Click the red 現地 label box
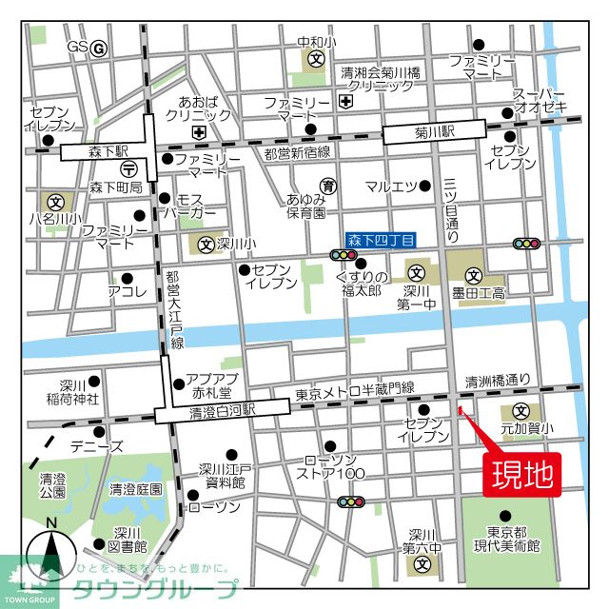point(522,474)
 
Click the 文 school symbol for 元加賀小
point(521,411)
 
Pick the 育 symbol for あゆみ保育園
point(328,185)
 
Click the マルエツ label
point(392,186)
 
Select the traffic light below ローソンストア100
point(351,501)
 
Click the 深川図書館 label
point(127,540)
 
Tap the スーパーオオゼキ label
point(540,100)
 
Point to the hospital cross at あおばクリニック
point(199,131)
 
